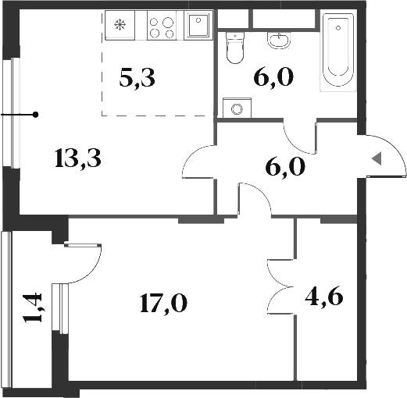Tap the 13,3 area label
click(80, 158)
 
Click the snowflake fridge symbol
click(120, 25)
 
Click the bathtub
click(338, 50)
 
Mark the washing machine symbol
click(232, 108)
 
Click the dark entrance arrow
click(376, 158)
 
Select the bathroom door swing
click(298, 137)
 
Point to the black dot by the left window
click(36, 115)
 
